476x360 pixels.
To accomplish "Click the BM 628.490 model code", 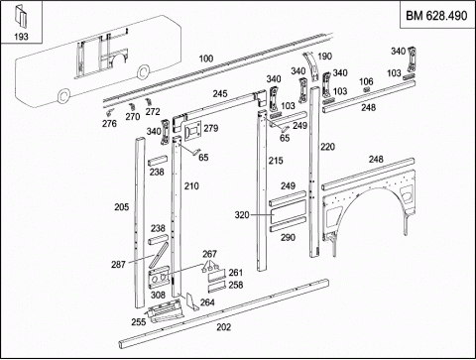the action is click(436, 16).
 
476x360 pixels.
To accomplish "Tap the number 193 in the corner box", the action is click(21, 37).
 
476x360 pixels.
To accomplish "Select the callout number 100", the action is click(206, 59).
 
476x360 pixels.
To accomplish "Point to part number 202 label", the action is click(224, 327).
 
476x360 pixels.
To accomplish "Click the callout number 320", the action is click(242, 215).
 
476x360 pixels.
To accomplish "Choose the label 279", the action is click(211, 128).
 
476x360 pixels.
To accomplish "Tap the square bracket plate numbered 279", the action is click(192, 131).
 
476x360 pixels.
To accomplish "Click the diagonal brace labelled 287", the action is click(159, 255).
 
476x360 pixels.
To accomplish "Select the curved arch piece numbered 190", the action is click(311, 65).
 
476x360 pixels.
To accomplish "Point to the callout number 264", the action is click(207, 302).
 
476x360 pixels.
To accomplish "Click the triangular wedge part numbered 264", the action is click(191, 301).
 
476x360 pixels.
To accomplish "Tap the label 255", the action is click(139, 321).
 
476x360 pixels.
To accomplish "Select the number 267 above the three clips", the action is click(209, 254).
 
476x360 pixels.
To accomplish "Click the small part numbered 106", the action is click(366, 90).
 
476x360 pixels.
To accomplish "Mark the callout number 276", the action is click(109, 123).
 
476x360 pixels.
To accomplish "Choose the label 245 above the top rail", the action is click(220, 93).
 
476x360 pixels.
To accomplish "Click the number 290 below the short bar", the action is click(288, 237).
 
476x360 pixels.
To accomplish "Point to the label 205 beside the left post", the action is click(122, 207).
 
